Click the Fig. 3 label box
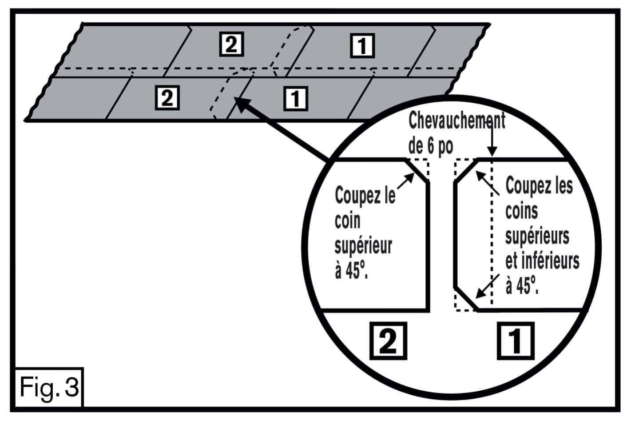(49, 387)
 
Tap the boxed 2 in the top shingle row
(231, 44)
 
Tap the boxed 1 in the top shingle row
(362, 45)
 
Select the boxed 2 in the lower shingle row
(167, 97)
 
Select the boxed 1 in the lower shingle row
(295, 98)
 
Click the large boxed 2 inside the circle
(388, 341)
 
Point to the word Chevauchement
(456, 120)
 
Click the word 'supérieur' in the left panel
(363, 246)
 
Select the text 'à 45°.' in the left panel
(351, 270)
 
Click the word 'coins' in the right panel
(521, 211)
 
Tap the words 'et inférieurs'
(542, 261)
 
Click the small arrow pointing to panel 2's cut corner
(405, 181)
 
